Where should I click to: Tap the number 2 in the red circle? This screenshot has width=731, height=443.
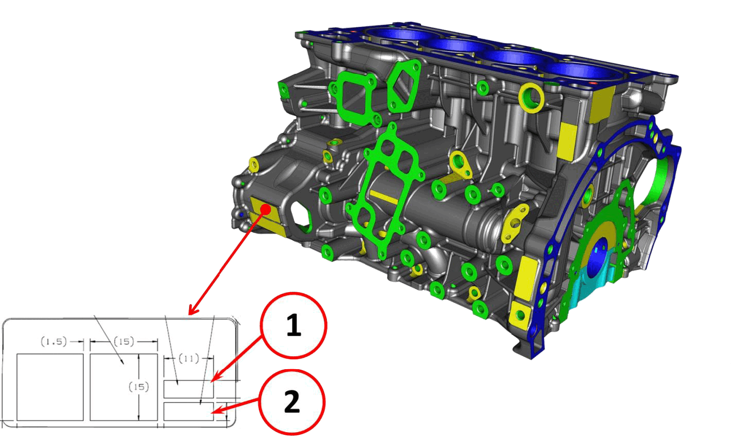coord(292,402)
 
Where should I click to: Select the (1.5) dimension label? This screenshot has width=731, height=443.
coord(54,342)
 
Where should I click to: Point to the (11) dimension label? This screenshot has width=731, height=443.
coord(189,359)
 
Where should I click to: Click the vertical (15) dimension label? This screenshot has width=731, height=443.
coord(138,387)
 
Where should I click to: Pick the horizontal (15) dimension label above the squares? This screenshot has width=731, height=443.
coord(124,342)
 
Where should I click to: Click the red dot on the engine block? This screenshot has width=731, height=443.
coord(266,210)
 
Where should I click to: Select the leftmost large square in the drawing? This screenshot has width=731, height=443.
coord(50,387)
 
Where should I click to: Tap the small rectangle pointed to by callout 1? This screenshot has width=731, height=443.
coord(189,389)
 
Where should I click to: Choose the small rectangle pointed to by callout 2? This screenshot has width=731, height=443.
coord(189,412)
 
